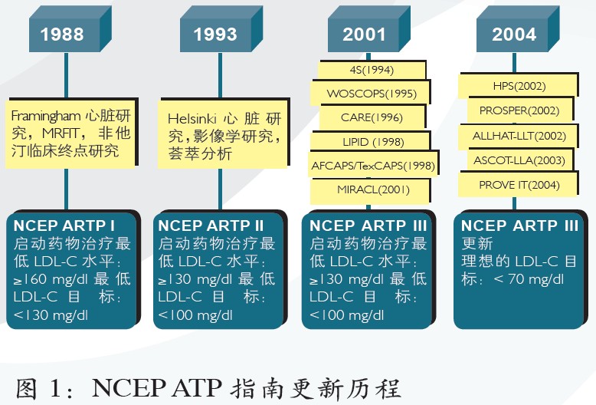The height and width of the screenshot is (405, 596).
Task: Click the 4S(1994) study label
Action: (372, 70)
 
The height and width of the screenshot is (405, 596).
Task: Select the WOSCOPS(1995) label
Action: (371, 94)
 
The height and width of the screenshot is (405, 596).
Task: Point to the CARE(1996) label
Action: (372, 117)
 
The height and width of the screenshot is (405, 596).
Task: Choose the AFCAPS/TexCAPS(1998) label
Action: (373, 166)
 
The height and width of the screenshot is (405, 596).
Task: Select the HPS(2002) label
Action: (519, 86)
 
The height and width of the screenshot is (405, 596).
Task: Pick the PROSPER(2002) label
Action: (520, 110)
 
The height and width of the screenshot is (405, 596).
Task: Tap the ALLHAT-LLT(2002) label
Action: (519, 136)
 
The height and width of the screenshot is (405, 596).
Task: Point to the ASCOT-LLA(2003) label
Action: (520, 160)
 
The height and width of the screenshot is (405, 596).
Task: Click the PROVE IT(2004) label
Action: (519, 185)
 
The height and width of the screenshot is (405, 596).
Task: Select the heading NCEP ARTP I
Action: (64, 226)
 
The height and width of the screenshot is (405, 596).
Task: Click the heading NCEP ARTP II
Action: (211, 226)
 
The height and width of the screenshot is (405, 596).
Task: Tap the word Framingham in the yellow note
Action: (46, 116)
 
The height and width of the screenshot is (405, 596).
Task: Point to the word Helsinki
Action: (192, 118)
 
